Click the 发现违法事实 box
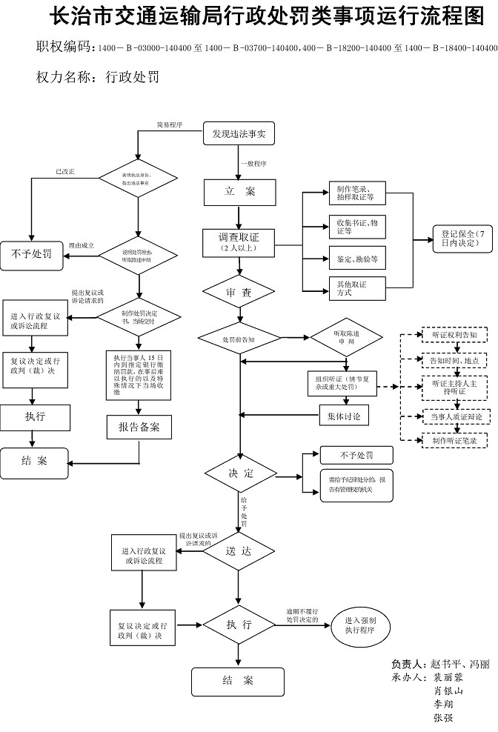pos(239,134)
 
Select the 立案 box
pos(239,192)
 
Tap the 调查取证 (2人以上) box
pos(239,242)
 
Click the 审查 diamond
pos(239,293)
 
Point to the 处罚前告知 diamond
pos(237,339)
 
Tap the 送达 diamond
pos(239,551)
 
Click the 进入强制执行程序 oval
pos(360,626)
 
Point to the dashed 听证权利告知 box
pos(454,335)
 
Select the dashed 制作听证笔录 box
pos(454,440)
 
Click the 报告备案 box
pos(139,427)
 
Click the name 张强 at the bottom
pos(443,717)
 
